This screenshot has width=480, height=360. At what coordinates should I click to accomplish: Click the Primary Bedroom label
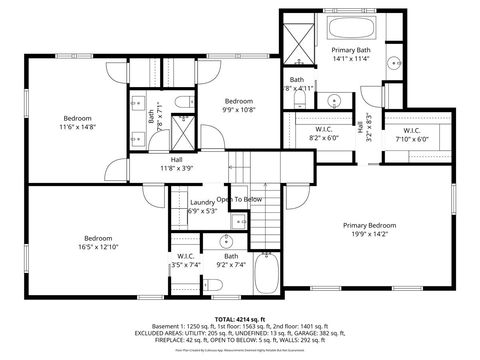click(368, 225)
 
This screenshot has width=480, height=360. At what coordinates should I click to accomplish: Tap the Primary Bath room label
click(351, 49)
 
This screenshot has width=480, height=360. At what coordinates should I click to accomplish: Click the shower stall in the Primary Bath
click(298, 40)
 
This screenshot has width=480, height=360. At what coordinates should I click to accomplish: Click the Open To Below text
click(240, 200)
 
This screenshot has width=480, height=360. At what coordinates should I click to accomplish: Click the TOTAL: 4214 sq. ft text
click(239, 317)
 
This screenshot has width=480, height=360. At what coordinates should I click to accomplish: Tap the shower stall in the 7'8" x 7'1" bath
click(184, 131)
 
